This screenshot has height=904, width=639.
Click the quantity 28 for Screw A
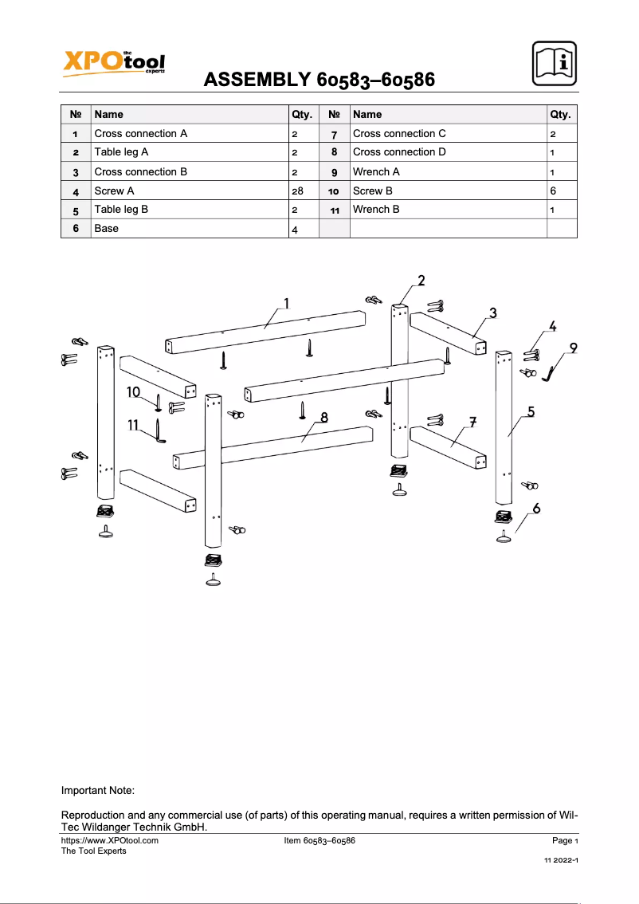(298, 191)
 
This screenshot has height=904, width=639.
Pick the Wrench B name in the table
(376, 210)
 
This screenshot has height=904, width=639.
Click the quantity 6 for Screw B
(552, 191)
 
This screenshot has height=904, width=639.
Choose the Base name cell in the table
(107, 229)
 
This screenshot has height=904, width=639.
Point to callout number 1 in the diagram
(285, 303)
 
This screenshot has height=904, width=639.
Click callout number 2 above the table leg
(421, 280)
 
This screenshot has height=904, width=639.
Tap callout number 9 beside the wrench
(572, 348)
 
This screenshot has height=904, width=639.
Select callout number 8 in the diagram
(324, 416)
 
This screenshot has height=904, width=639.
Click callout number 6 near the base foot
(536, 508)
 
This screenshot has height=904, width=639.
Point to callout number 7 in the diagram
(472, 421)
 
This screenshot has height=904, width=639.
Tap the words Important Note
(98, 791)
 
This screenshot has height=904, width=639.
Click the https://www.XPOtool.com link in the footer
(110, 840)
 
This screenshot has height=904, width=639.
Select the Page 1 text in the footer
(564, 840)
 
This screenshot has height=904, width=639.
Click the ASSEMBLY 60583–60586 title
(319, 80)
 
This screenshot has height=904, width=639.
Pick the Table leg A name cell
(121, 152)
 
